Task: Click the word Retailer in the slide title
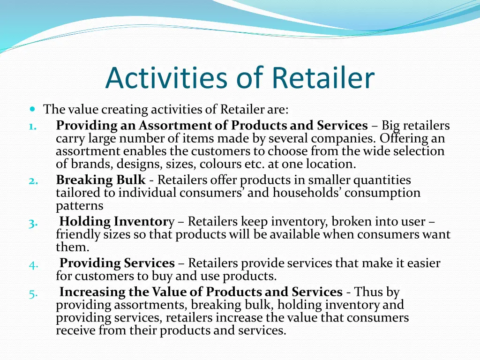coord(323,78)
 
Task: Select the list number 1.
coord(31,126)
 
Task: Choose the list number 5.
coord(33,293)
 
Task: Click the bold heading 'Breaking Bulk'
coord(101,180)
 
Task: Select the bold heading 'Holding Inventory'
coord(117,221)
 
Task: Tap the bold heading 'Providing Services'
coord(117,263)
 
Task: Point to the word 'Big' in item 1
coord(390,126)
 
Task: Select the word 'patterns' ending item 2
coord(79,206)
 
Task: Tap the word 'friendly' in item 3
coord(77,234)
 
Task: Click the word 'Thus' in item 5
coord(369,292)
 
